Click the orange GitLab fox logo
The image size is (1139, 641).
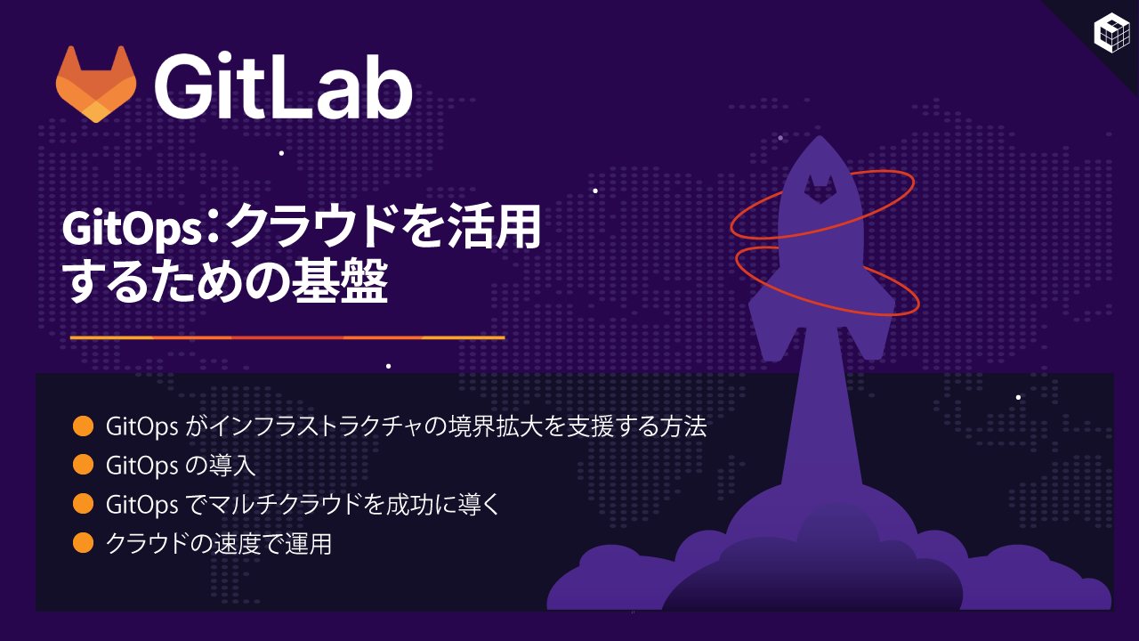point(96,84)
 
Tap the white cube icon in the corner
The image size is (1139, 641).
point(1111,33)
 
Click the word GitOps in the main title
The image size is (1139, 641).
point(133,229)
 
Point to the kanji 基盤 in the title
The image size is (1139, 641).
point(340,280)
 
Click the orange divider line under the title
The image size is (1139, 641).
point(287,337)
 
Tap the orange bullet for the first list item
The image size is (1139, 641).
point(83,426)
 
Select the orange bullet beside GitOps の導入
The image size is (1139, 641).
point(83,465)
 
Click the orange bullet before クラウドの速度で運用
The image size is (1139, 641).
point(83,543)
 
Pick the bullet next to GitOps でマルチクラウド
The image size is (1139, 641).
point(83,504)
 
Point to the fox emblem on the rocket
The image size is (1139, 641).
point(820,190)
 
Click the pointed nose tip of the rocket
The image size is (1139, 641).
point(820,136)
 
